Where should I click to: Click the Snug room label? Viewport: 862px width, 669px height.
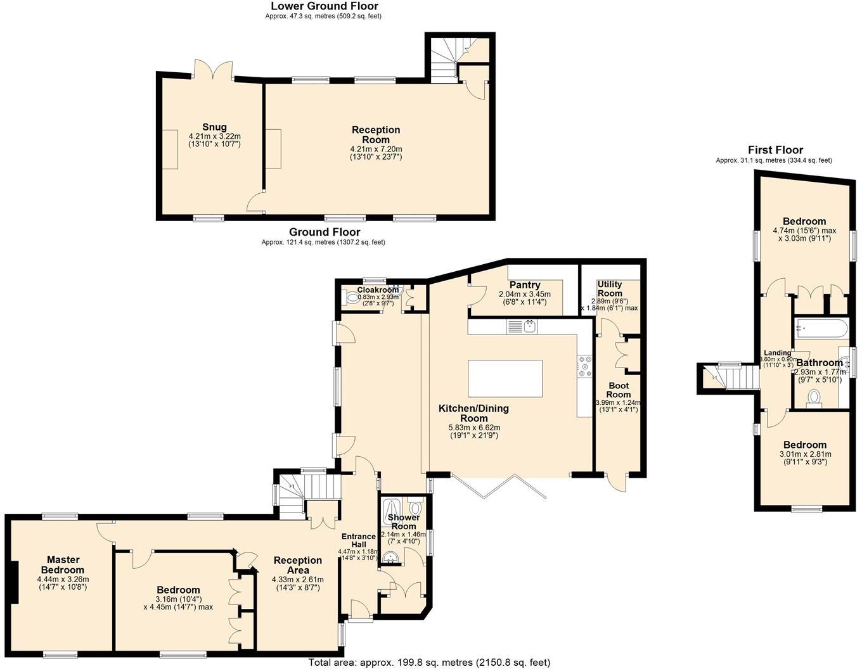[214, 127]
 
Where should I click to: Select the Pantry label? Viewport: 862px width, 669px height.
[524, 285]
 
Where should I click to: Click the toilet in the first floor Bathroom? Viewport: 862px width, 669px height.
[813, 398]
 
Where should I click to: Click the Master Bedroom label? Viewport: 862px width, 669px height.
[63, 564]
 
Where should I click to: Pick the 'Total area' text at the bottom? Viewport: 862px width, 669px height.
[429, 663]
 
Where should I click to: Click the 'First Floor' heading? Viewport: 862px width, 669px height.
[775, 150]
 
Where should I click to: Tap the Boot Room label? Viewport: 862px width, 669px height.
[618, 390]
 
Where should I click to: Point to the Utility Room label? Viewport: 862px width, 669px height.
[610, 289]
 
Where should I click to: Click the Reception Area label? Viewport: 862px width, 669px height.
[297, 565]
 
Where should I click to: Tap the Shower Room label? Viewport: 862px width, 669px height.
[403, 522]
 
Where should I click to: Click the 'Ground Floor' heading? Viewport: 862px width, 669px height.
[325, 233]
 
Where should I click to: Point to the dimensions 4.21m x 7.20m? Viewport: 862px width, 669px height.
[376, 149]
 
